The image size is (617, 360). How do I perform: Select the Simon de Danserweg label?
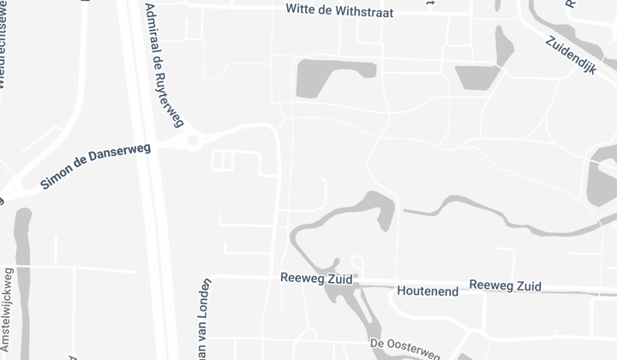(x=95, y=166)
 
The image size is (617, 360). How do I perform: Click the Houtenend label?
(x=428, y=291)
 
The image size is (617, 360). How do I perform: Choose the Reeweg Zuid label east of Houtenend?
(x=506, y=285)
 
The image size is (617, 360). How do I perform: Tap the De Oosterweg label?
(x=405, y=348)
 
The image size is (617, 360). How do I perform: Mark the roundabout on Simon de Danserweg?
(x=193, y=140)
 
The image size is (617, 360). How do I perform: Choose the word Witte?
(x=301, y=9)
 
